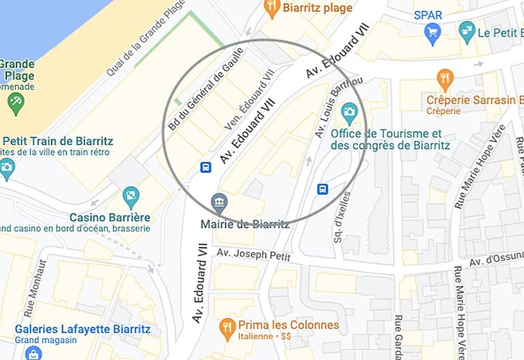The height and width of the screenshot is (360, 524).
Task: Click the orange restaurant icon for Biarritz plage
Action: [x=272, y=8]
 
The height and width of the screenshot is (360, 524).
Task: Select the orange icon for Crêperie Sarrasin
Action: [x=445, y=80]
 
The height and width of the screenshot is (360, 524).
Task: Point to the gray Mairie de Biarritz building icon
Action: [x=219, y=202]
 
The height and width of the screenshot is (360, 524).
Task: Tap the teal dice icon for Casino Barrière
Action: [x=130, y=197]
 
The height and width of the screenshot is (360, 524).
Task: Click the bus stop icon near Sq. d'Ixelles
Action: [x=322, y=189]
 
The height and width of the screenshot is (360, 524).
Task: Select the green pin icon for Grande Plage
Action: [x=15, y=103]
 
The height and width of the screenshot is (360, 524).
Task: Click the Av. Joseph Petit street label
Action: [x=254, y=255]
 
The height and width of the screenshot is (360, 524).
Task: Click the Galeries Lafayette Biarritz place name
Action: [x=83, y=329]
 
